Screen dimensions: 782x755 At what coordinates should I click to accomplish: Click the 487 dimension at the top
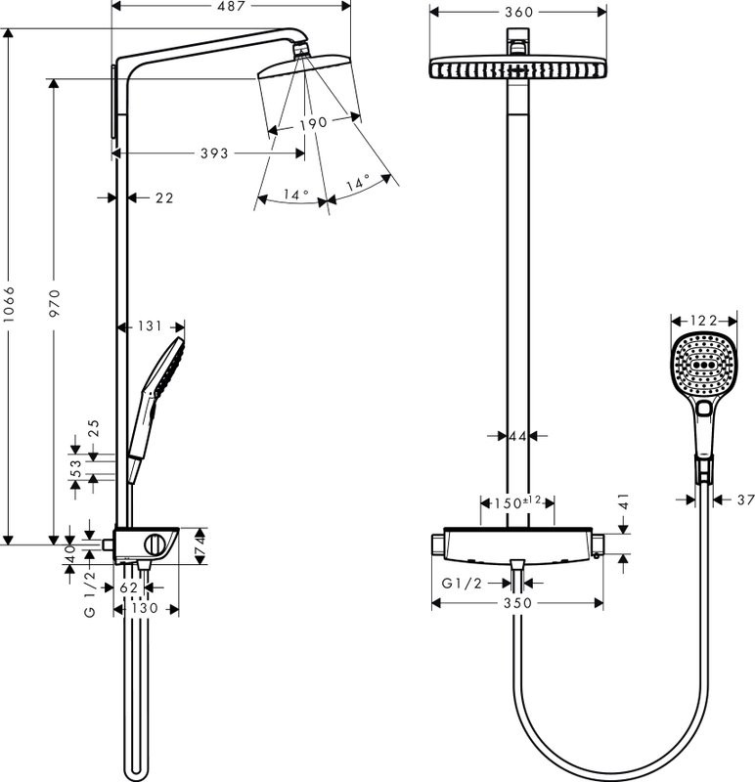click(231, 7)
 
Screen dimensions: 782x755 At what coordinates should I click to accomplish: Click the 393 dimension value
click(213, 153)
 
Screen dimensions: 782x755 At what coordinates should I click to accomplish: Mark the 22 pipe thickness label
click(163, 198)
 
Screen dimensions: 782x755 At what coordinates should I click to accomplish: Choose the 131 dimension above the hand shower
click(151, 327)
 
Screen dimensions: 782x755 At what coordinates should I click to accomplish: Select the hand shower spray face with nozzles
click(698, 362)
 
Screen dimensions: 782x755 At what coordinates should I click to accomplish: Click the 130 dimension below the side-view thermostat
click(146, 609)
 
